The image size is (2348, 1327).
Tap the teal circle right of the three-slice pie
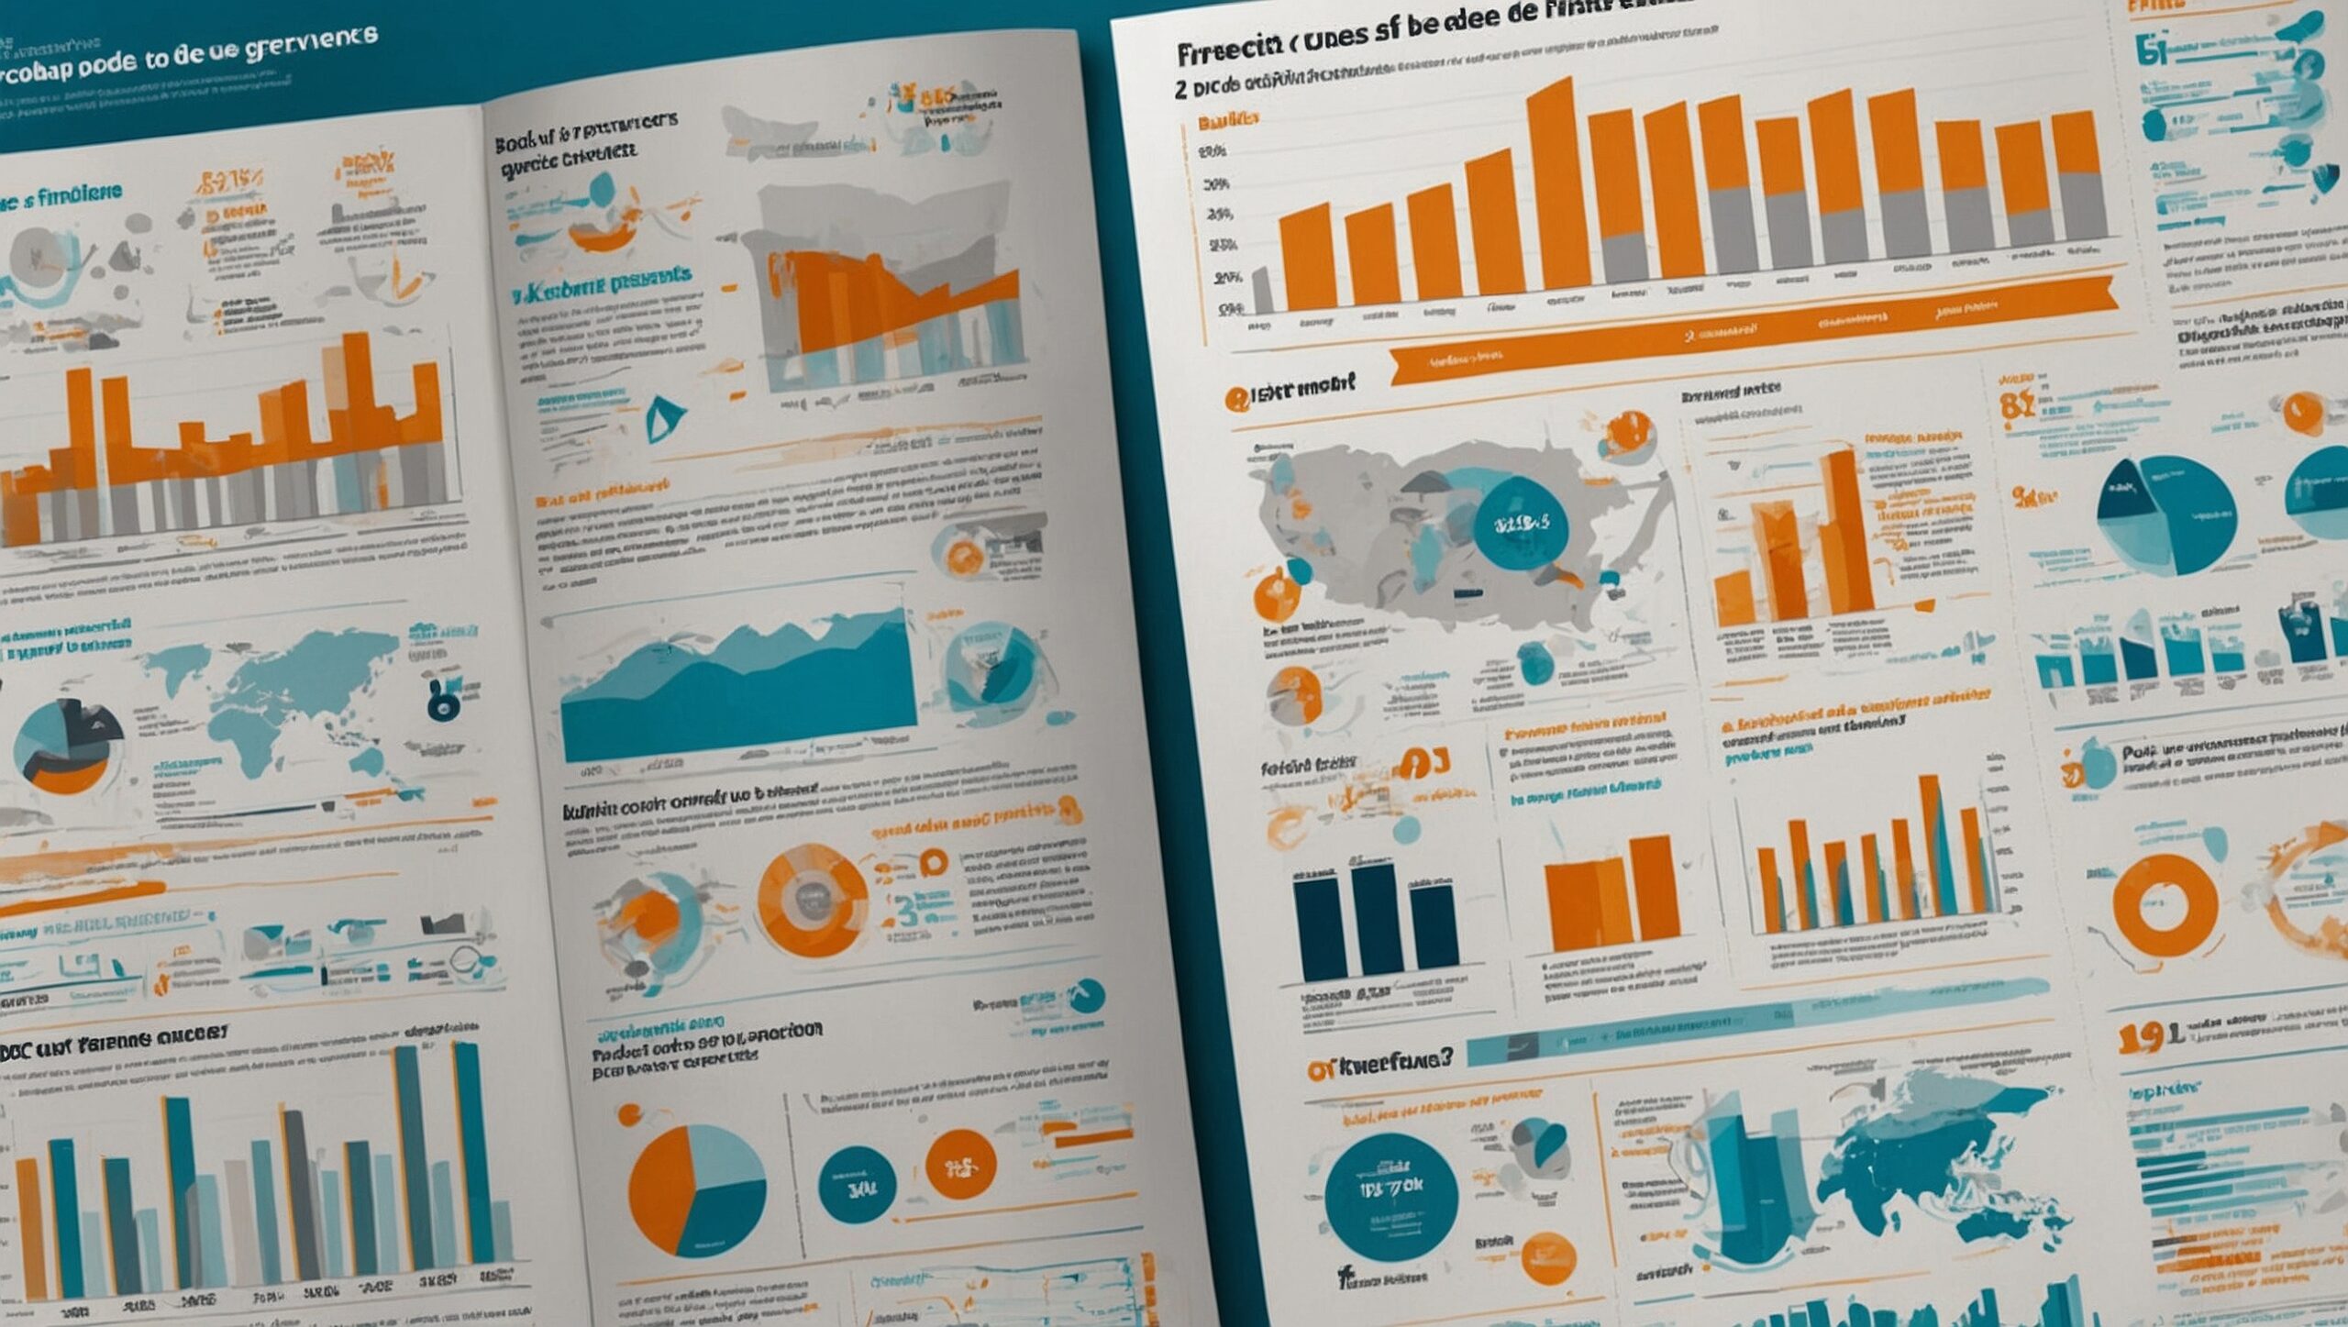coord(857,1184)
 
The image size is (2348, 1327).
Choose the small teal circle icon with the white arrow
coord(1088,995)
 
